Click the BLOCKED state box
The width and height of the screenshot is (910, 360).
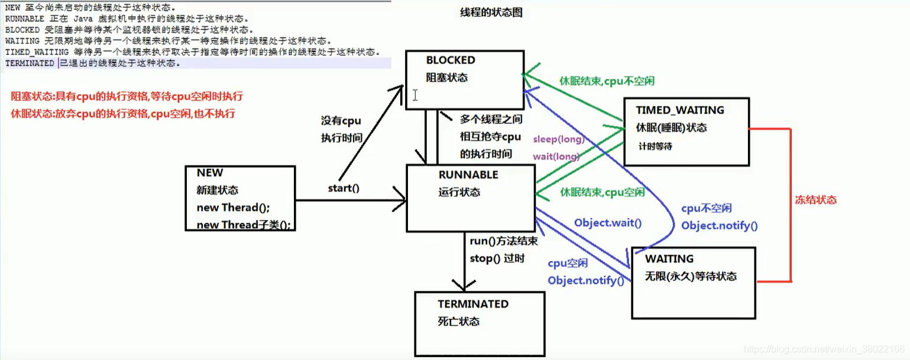pyautogui.click(x=464, y=79)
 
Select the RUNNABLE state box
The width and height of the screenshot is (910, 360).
pyautogui.click(x=471, y=198)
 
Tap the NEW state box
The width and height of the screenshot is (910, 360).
pyautogui.click(x=239, y=198)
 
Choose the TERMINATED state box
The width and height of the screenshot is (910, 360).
pyautogui.click(x=480, y=324)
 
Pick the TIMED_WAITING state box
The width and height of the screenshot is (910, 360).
pyautogui.click(x=686, y=131)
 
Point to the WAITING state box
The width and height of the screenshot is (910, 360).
pyautogui.click(x=693, y=283)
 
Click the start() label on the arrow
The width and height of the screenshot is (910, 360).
pyautogui.click(x=344, y=189)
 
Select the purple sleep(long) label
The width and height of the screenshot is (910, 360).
pyautogui.click(x=558, y=140)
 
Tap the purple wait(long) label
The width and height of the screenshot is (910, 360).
pyautogui.click(x=556, y=156)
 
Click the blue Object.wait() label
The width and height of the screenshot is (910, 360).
pyautogui.click(x=608, y=223)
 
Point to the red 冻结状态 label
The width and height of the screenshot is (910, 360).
pyautogui.click(x=815, y=200)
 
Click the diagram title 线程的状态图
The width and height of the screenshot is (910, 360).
pyautogui.click(x=491, y=12)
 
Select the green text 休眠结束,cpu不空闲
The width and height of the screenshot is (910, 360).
pyautogui.click(x=607, y=80)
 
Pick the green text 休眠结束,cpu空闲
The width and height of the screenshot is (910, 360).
pyautogui.click(x=602, y=192)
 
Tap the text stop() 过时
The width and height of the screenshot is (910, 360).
pyautogui.click(x=497, y=258)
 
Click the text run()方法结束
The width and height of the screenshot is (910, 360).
pyautogui.click(x=504, y=241)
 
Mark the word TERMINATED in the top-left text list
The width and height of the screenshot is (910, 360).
pyautogui.click(x=30, y=63)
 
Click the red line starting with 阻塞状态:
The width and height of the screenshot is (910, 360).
pyautogui.click(x=127, y=96)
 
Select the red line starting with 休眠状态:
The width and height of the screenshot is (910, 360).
pyautogui.click(x=127, y=113)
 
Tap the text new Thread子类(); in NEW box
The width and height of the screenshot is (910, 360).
pyautogui.click(x=244, y=225)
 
